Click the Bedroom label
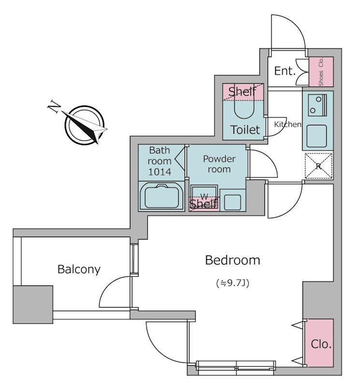pos(232,260)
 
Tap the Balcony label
pos(79,269)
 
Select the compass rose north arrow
pos(85,124)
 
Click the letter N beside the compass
pos(54,106)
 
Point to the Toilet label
pos(245,130)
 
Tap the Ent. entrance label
pos(285,71)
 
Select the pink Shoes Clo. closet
pos(321,71)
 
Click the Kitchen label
pos(288,124)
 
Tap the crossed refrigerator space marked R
pos(318,166)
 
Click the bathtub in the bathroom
pos(162,196)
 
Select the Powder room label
pos(219,164)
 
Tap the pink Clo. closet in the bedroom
pos(321,343)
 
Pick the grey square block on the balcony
pos(33,304)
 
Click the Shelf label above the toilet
pos(242,91)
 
